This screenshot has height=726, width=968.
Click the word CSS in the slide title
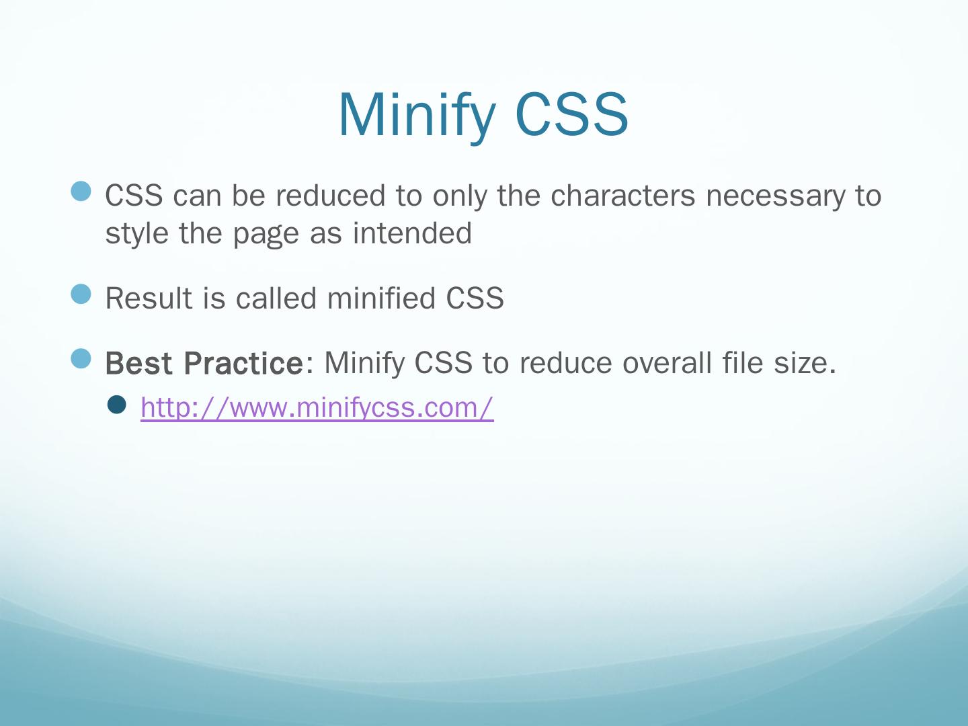[571, 114]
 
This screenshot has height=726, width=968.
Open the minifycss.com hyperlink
[317, 408]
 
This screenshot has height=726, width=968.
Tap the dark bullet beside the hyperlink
[117, 405]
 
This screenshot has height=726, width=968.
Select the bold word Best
[138, 363]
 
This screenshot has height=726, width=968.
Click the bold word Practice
[243, 363]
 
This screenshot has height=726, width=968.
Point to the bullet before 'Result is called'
[81, 294]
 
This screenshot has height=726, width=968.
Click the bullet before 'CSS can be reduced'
[81, 192]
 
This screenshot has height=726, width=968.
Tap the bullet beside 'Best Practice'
[81, 358]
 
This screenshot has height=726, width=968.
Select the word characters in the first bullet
[622, 195]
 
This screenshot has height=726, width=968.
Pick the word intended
[412, 233]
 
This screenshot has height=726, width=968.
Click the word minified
[381, 298]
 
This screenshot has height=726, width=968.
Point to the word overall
[667, 363]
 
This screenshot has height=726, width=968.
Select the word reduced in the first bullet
[331, 195]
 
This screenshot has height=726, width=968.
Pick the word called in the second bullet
[276, 298]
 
